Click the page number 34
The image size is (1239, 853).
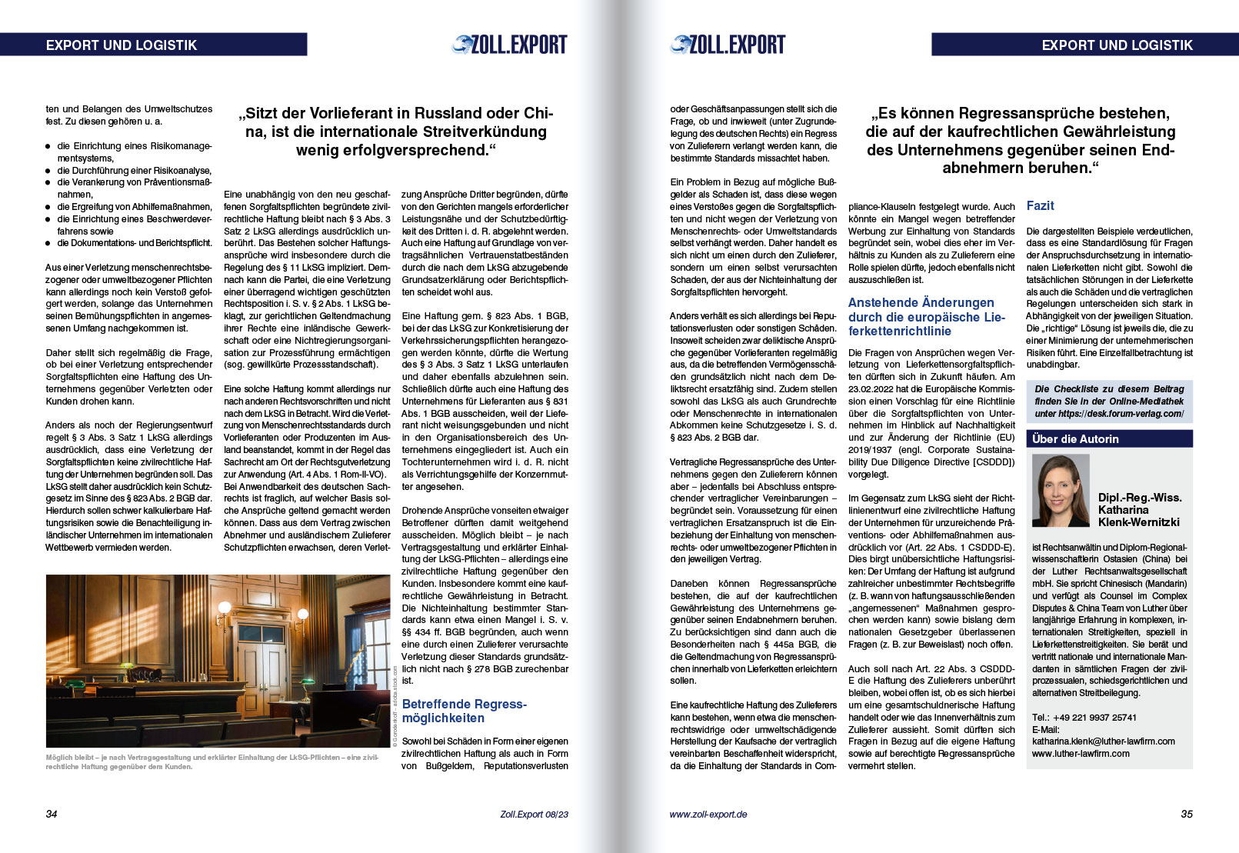(x=52, y=814)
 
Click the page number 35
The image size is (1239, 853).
(x=1186, y=814)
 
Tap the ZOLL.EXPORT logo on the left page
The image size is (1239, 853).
(x=510, y=45)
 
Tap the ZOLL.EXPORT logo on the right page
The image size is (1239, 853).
(x=728, y=45)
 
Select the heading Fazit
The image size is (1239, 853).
(x=1040, y=205)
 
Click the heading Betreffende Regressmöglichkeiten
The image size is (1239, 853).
(x=463, y=711)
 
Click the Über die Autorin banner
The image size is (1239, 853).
(x=1108, y=438)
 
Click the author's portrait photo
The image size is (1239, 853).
(x=1061, y=491)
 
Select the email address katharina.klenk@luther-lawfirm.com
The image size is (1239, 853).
(x=1103, y=741)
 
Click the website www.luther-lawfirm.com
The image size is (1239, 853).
(x=1081, y=754)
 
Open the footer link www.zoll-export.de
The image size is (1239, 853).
(x=708, y=814)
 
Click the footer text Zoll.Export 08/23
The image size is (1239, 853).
(x=534, y=814)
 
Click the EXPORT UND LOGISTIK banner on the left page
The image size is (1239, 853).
(x=153, y=45)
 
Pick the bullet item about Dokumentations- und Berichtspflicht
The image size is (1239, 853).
(x=134, y=243)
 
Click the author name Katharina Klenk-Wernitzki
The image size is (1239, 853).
(x=1138, y=515)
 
